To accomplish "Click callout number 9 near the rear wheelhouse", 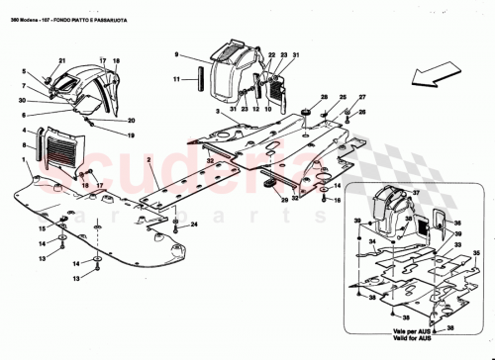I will [x=177, y=54].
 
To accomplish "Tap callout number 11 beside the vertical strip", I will [x=177, y=78].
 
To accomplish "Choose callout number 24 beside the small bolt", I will [x=194, y=225].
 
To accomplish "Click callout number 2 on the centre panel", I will [x=148, y=160].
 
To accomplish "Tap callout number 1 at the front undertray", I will [x=25, y=159].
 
